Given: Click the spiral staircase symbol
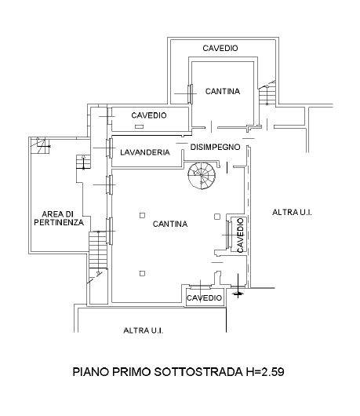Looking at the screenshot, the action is pyautogui.click(x=202, y=175).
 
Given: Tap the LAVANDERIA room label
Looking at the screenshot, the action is pyautogui.click(x=145, y=152).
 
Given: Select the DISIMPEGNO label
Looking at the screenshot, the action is pyautogui.click(x=215, y=147).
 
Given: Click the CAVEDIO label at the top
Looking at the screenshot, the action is pyautogui.click(x=220, y=48).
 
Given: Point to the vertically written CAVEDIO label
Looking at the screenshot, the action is pyautogui.click(x=240, y=235).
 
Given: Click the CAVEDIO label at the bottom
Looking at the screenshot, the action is pyautogui.click(x=204, y=297).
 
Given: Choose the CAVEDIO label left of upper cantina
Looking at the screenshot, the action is pyautogui.click(x=149, y=115).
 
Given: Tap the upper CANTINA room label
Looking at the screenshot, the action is pyautogui.click(x=223, y=91).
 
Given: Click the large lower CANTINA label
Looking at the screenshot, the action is pyautogui.click(x=170, y=224).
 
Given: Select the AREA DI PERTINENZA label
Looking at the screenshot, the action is pyautogui.click(x=59, y=218).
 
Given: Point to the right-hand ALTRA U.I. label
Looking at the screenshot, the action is pyautogui.click(x=292, y=212).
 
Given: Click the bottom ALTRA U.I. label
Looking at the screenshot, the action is pyautogui.click(x=144, y=330).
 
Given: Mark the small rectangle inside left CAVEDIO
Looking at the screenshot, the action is pyautogui.click(x=139, y=127).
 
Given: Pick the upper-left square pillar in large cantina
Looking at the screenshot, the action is pyautogui.click(x=143, y=215).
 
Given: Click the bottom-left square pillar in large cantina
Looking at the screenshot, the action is pyautogui.click(x=143, y=273).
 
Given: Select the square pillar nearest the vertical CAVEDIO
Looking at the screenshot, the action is pyautogui.click(x=217, y=217).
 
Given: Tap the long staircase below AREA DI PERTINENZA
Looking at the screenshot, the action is pyautogui.click(x=98, y=250).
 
